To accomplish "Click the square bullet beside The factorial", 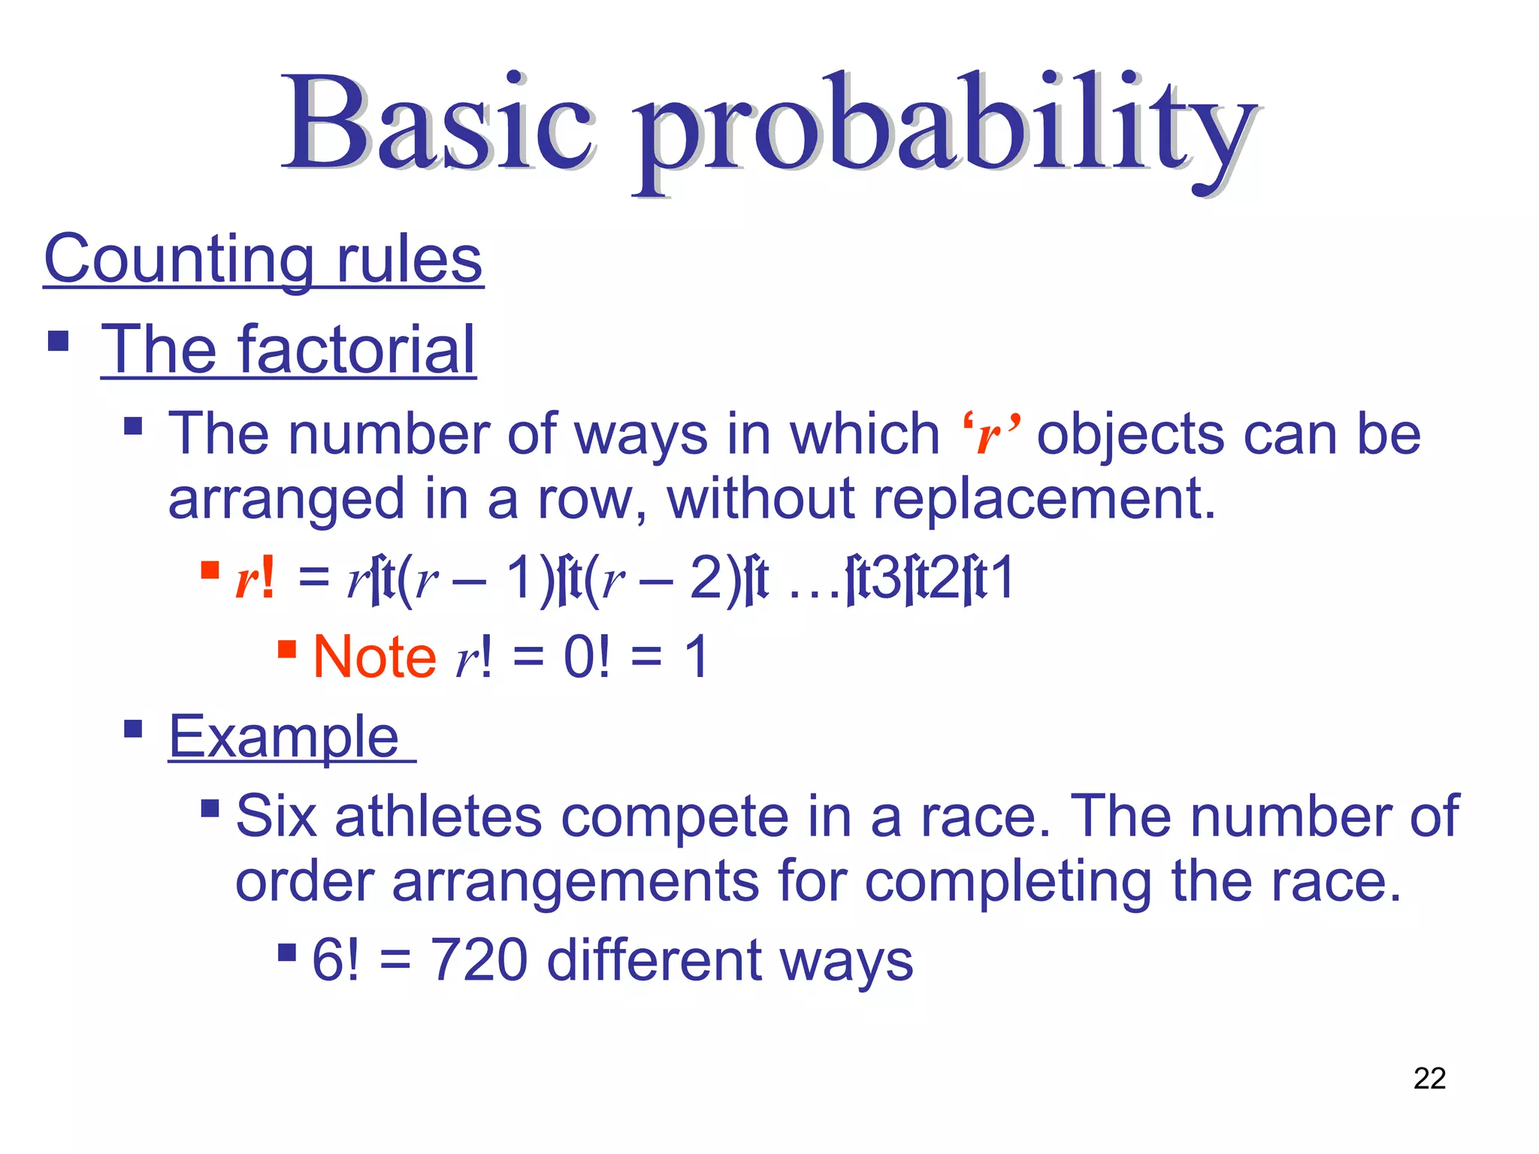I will click(x=58, y=342).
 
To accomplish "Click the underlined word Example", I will click(x=284, y=738).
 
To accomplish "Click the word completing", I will click(x=1007, y=883).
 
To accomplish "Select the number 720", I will click(x=479, y=961).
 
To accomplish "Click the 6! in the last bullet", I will click(x=335, y=961).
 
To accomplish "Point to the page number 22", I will click(x=1429, y=1079).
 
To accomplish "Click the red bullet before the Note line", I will click(x=286, y=648).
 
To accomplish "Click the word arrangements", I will click(x=575, y=883).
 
